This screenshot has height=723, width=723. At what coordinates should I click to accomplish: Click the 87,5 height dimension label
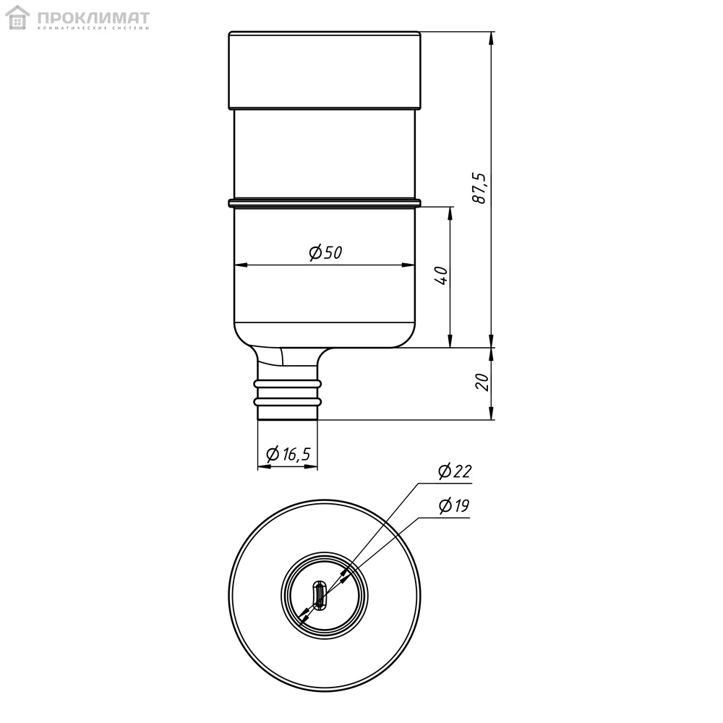(479, 188)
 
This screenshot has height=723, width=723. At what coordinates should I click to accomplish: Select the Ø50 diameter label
(325, 252)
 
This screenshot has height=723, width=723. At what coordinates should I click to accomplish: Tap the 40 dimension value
(441, 275)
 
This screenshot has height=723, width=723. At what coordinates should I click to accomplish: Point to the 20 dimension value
(482, 382)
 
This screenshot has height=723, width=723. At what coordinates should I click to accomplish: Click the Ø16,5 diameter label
(288, 454)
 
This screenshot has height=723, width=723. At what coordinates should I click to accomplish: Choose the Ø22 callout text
(455, 471)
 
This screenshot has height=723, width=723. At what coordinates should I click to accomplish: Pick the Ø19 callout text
(454, 506)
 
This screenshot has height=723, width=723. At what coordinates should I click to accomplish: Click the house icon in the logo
(17, 17)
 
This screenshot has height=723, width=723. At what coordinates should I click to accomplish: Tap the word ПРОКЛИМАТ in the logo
(93, 18)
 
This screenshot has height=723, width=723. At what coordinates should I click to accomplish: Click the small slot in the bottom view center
(319, 595)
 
